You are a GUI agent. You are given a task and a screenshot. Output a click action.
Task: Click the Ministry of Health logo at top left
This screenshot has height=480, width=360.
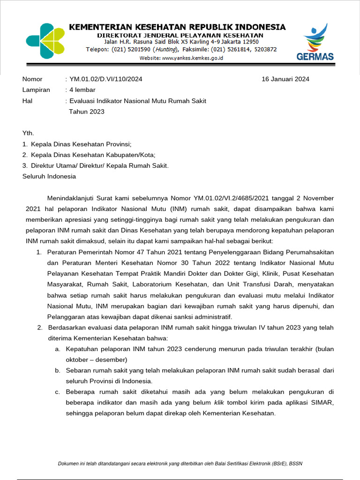click(x=45, y=41)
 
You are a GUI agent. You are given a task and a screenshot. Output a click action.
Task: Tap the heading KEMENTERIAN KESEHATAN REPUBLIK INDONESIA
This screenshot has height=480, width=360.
click(x=177, y=27)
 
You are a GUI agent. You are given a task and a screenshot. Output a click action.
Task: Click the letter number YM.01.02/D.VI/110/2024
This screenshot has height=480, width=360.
click(x=105, y=79)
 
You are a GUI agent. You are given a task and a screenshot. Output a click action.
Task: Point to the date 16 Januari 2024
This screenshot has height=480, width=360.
click(x=285, y=79)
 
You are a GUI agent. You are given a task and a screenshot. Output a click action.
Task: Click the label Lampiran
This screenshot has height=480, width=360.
click(x=36, y=90)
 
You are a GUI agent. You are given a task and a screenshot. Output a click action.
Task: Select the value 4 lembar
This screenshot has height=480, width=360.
click(x=82, y=90)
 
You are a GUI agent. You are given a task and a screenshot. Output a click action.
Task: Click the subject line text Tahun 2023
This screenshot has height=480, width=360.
click(x=87, y=112)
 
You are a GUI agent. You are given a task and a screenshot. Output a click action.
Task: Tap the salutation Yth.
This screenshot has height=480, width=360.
click(x=28, y=134)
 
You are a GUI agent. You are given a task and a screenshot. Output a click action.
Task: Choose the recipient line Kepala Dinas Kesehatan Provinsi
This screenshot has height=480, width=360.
click(x=81, y=144)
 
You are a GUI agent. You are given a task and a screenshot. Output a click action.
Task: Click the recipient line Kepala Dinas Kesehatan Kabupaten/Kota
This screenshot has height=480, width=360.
click(x=93, y=155)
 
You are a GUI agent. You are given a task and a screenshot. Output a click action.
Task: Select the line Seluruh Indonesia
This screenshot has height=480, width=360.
click(x=49, y=177)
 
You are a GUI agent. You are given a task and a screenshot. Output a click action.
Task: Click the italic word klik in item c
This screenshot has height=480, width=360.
click(x=219, y=403)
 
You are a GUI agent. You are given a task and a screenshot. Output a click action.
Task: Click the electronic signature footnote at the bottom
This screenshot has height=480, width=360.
click(x=180, y=464)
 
